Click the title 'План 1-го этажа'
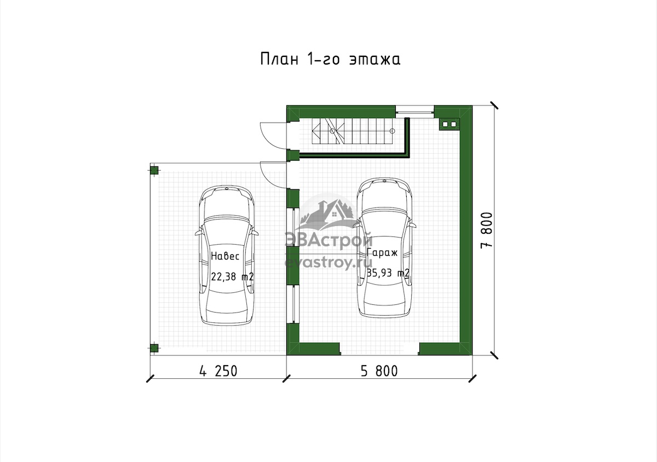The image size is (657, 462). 330,59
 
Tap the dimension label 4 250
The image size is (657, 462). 218,371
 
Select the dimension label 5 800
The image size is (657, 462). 379,371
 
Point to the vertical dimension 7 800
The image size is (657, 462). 486,230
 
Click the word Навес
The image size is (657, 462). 225,256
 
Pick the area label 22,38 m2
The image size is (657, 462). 232,276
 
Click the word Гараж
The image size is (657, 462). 382,252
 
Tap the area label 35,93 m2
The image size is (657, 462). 388,273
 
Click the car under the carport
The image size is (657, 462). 227,255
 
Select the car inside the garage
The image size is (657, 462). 384,247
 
